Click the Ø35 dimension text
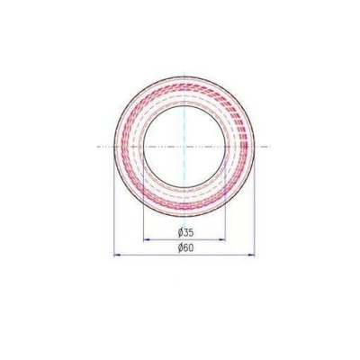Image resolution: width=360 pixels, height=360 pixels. coord(185,232)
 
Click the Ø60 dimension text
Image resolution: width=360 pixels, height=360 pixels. coord(185,247)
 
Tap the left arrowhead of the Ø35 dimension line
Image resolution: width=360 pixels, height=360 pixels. coord(147,239)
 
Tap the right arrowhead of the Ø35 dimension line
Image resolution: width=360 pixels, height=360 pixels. coord(222,239)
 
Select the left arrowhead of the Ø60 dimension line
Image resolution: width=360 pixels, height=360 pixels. coord(118,255)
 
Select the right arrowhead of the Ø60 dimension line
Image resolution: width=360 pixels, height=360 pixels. coord(251,255)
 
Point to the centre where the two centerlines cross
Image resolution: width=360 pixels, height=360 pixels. coord(184,147)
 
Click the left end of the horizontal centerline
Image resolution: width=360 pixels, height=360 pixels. coord(98,147)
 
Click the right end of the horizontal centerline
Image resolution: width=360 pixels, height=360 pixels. coord(271,147)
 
